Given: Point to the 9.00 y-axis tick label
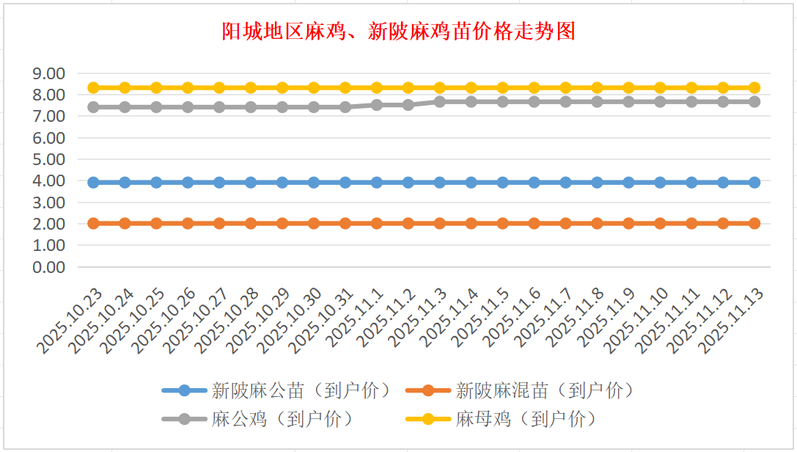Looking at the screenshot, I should tap(49, 73).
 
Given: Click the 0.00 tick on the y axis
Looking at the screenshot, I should tap(49, 267).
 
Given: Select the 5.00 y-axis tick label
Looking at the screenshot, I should tap(49, 159).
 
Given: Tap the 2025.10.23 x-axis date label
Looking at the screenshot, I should tap(71, 321).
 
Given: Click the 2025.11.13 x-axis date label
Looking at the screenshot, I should tap(733, 321).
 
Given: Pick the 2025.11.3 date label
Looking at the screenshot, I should tap(421, 318).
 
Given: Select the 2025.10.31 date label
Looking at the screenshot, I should tap(323, 321).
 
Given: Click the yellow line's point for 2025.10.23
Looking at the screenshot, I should tap(93, 87).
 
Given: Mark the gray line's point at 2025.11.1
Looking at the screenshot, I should tap(377, 105).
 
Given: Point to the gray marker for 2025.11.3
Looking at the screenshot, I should tap(440, 101).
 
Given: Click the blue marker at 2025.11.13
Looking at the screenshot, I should tap(754, 182).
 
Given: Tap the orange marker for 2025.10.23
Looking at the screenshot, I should tap(93, 223).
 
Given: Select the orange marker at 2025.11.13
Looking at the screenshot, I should tap(754, 223).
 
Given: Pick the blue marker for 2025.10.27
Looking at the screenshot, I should tap(219, 182).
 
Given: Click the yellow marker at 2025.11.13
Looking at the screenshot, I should tap(754, 87).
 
